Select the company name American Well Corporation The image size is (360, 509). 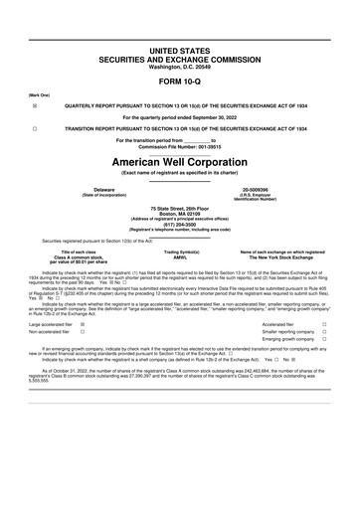[179, 161]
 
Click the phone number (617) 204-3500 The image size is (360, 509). [179, 224]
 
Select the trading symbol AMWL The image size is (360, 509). [179, 258]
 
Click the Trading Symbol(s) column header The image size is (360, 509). [179, 253]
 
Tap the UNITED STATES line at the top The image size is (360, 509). [179, 48]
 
